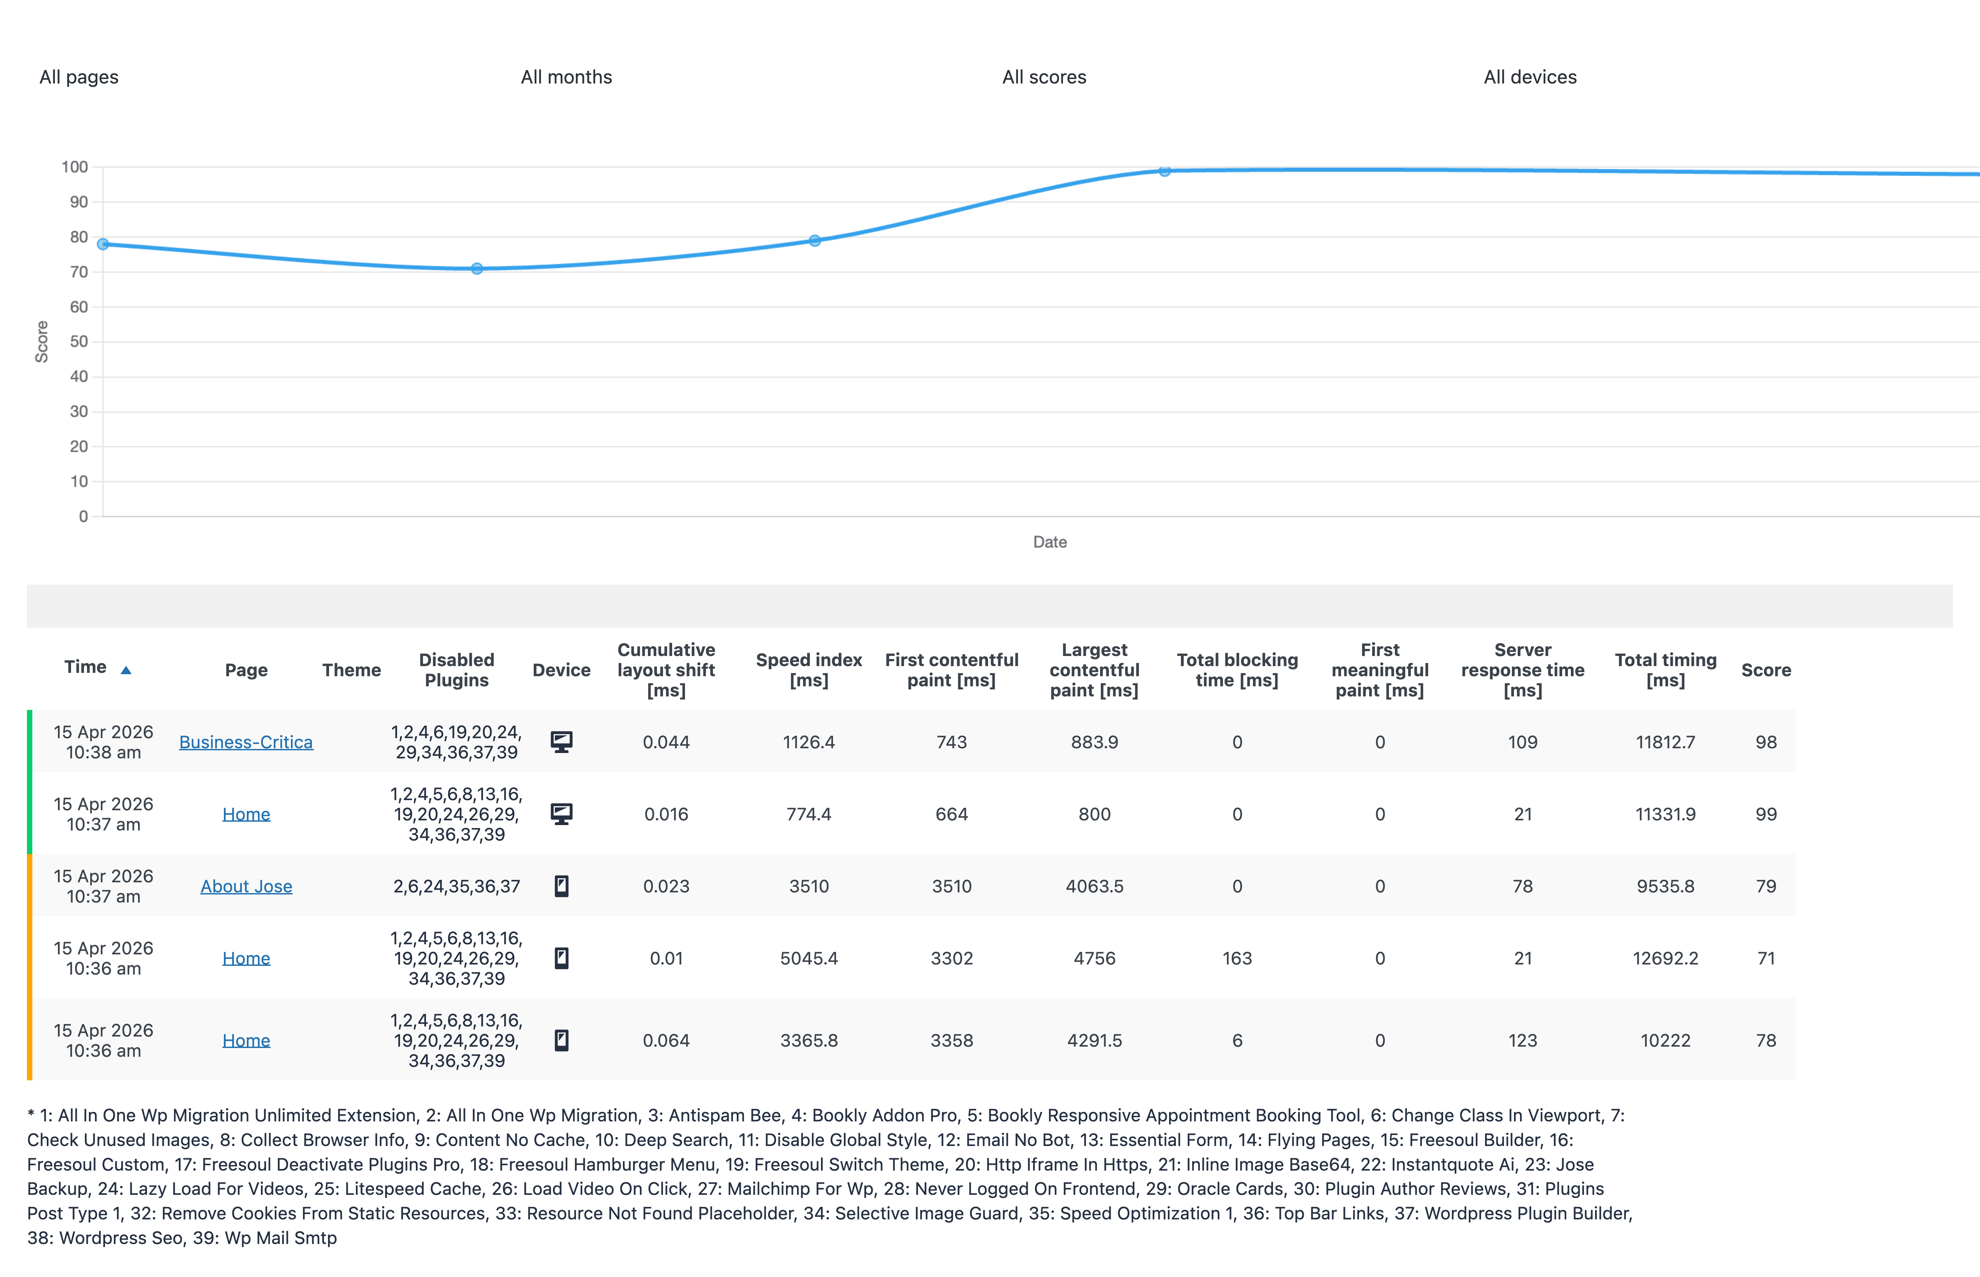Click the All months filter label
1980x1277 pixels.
(566, 77)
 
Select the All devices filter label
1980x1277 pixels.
(1530, 77)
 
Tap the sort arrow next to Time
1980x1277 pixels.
(126, 670)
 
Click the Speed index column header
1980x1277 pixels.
(808, 670)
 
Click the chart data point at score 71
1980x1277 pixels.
(477, 269)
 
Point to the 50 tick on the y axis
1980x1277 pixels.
(79, 341)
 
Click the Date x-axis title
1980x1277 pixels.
(1050, 542)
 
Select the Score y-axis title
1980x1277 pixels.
(41, 341)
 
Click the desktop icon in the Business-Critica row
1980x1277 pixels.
(561, 742)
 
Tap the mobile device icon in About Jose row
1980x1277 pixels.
(561, 886)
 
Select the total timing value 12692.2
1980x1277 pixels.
(1665, 958)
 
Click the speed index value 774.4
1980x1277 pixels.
(808, 814)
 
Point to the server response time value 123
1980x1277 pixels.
(1522, 1041)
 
